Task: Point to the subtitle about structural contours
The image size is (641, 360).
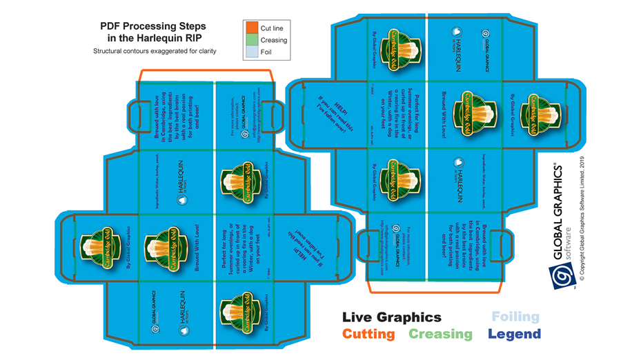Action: coord(155,51)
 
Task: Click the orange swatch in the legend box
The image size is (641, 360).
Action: coord(251,28)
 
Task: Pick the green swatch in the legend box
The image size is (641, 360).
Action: coord(251,40)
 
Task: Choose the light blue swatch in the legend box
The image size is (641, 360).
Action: coord(251,52)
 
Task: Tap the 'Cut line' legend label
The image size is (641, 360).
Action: coord(272,28)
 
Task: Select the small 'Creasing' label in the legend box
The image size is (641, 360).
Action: coord(274,40)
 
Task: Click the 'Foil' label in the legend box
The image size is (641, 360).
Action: coord(266,52)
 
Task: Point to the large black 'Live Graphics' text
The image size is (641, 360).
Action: coord(391,317)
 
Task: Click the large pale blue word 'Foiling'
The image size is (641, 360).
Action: coord(515,317)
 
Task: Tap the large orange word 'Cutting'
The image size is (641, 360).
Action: coord(368,334)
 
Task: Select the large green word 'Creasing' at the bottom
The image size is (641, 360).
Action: coord(440,334)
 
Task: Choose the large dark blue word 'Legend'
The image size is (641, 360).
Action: coord(514,334)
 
